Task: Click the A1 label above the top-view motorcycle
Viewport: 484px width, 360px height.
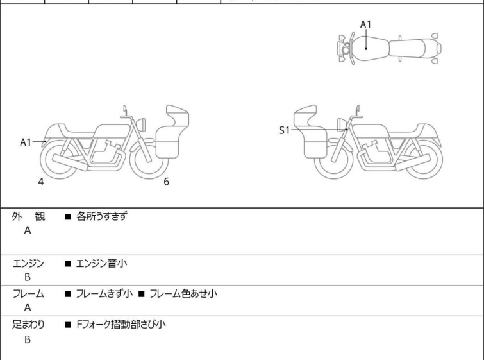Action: (365, 24)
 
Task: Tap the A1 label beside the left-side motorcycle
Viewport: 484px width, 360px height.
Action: (26, 142)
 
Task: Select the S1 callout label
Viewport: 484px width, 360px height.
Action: (284, 130)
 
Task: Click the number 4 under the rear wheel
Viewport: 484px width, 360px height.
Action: (41, 182)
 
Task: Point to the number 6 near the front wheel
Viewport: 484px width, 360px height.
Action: (166, 182)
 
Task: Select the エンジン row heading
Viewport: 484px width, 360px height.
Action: (29, 262)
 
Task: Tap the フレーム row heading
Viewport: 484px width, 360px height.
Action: (29, 294)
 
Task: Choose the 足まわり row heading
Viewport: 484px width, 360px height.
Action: (29, 325)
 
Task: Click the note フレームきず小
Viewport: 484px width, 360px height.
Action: (103, 294)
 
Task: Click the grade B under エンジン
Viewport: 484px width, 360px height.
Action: (28, 277)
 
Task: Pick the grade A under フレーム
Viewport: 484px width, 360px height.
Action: (28, 308)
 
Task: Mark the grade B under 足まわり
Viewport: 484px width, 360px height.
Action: (28, 339)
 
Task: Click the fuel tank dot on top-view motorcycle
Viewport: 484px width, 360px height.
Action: (365, 47)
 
